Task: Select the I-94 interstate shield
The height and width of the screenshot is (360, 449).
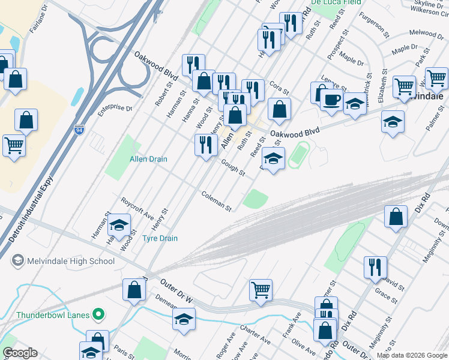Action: click(79, 129)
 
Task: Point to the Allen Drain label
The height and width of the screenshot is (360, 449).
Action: click(148, 159)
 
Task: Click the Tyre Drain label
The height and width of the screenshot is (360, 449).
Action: click(160, 238)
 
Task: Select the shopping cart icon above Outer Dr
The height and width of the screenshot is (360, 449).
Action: click(261, 290)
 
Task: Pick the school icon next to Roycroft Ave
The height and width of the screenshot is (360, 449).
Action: click(119, 225)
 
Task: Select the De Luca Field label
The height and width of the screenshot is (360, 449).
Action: click(336, 2)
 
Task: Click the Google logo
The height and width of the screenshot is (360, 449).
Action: click(20, 353)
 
